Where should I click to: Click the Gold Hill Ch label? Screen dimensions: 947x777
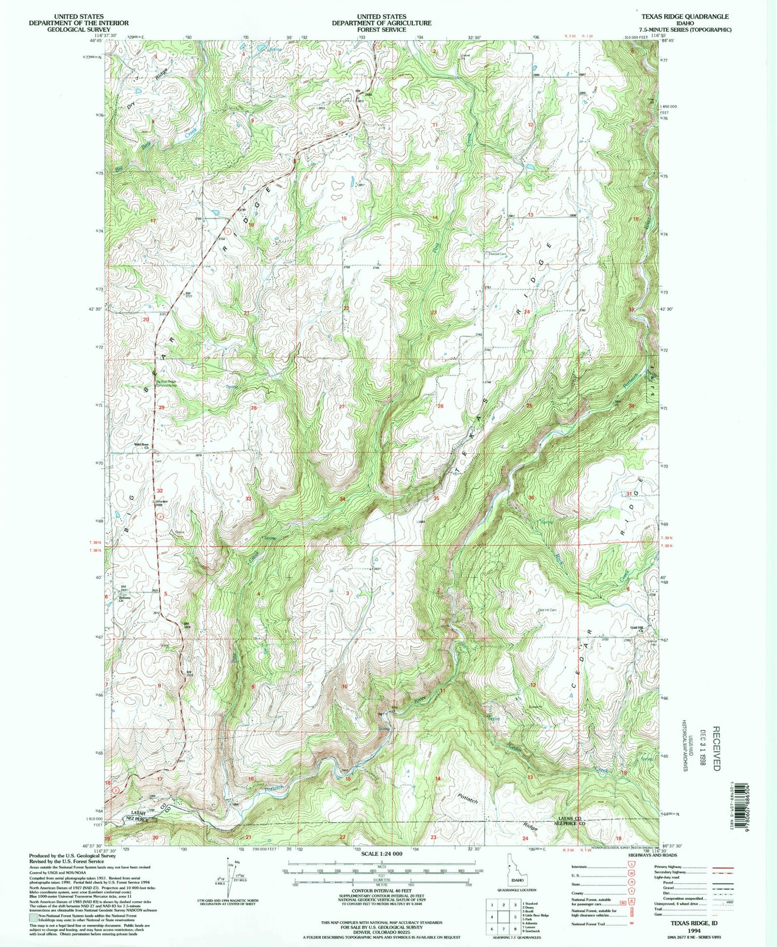[x=637, y=629]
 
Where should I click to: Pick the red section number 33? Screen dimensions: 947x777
[x=249, y=498]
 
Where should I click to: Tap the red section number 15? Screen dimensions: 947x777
[x=344, y=219]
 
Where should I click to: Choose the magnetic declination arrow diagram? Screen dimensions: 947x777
[x=228, y=877]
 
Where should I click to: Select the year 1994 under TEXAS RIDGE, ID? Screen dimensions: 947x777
[x=694, y=930]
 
